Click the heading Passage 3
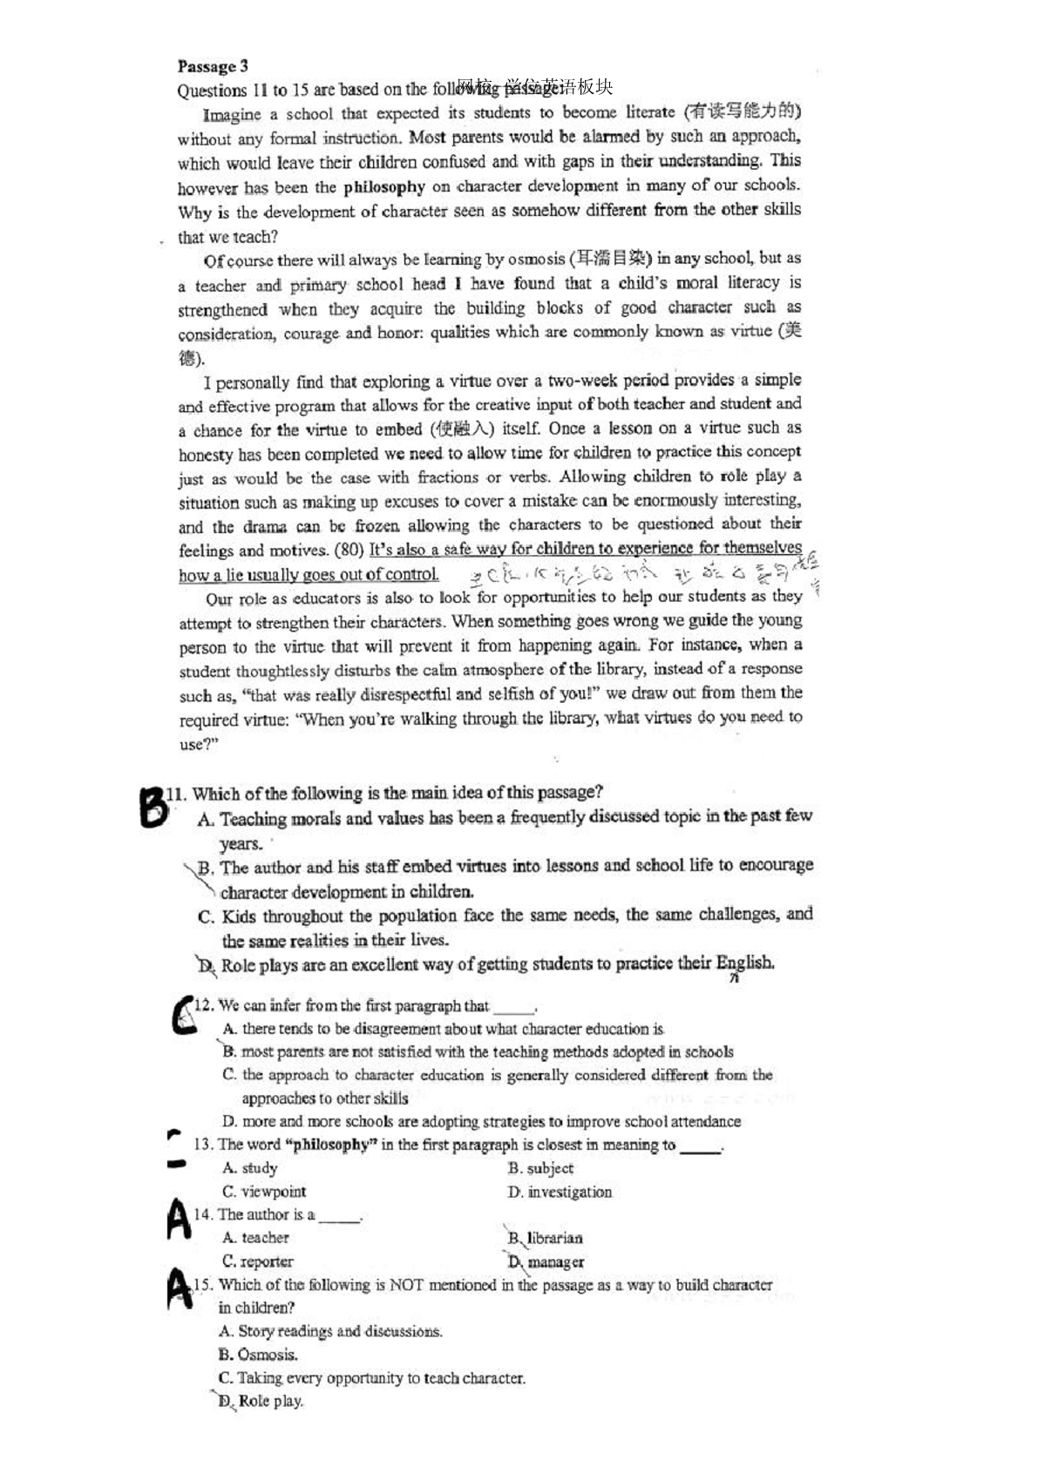click(x=213, y=66)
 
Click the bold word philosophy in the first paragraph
click(x=384, y=186)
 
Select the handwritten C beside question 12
click(x=183, y=1016)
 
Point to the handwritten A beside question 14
click(x=178, y=1220)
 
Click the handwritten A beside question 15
click(x=179, y=1288)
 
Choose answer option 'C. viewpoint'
click(x=264, y=1192)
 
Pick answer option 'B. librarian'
click(x=546, y=1238)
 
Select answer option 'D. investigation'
click(x=560, y=1192)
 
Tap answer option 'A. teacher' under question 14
click(x=255, y=1238)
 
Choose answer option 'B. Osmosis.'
click(x=258, y=1355)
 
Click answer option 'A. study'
click(x=250, y=1168)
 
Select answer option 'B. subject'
click(x=541, y=1168)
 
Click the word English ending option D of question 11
click(x=744, y=963)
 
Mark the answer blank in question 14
click(x=340, y=1217)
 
